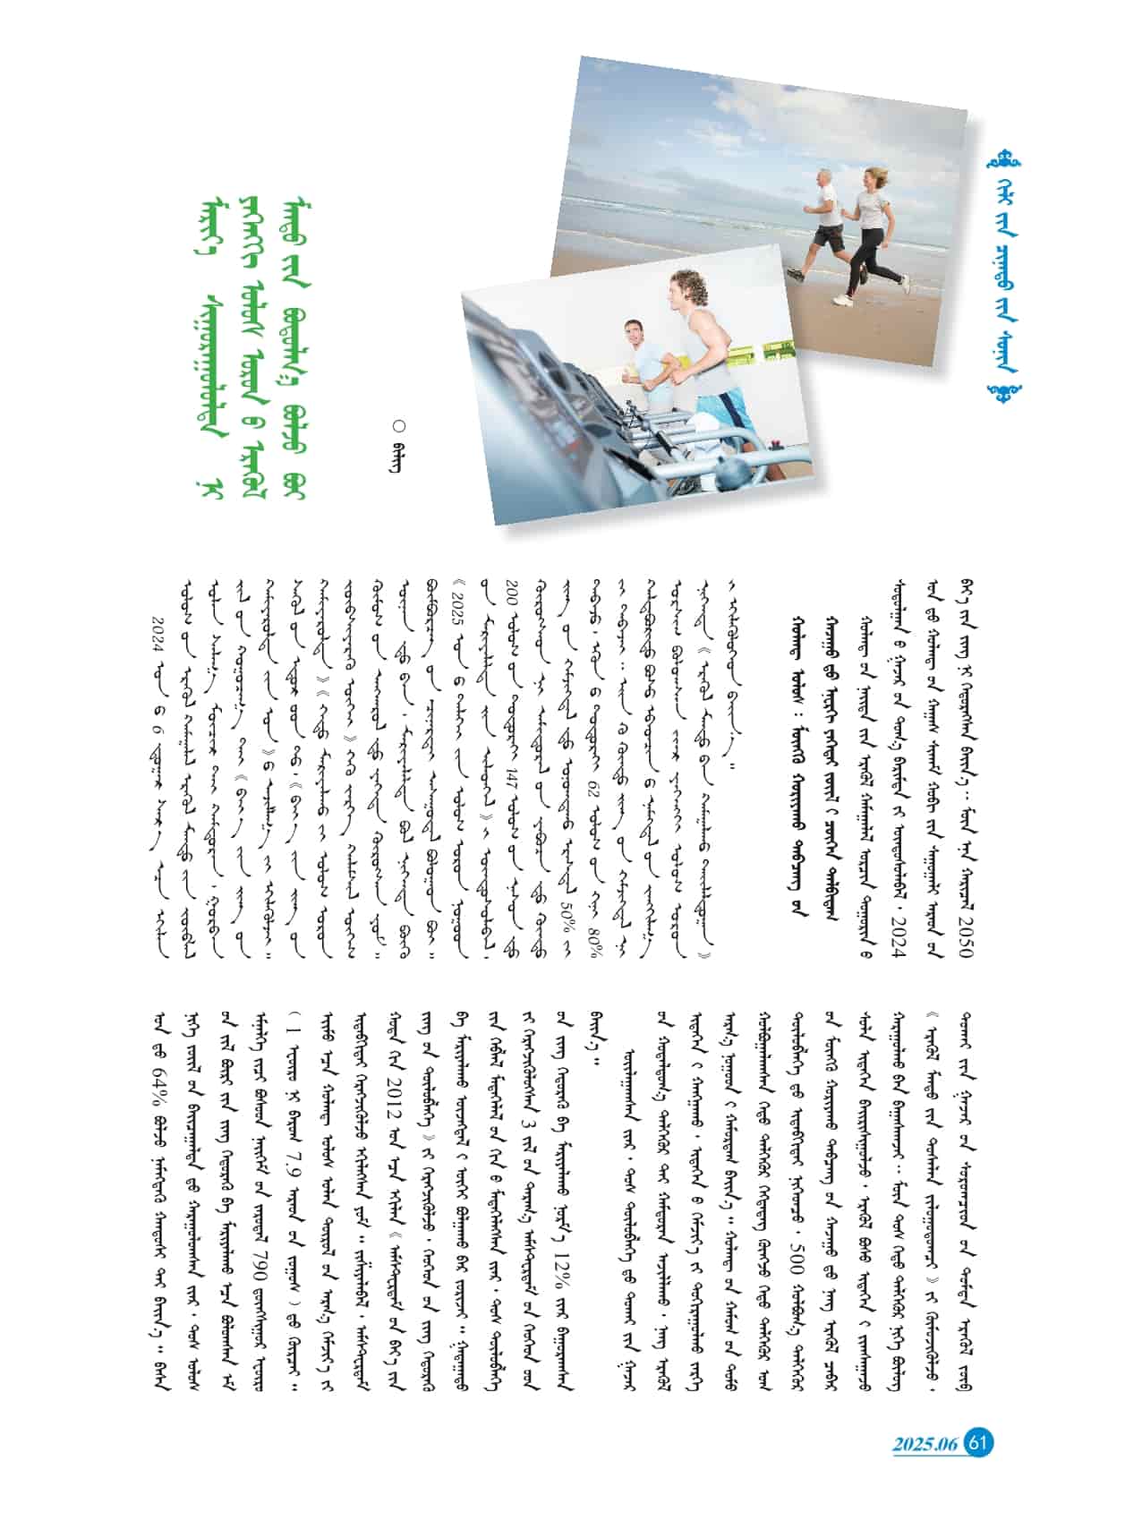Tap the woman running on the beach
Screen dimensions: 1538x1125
pos(868,234)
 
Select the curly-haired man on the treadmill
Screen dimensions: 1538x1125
pos(707,349)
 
